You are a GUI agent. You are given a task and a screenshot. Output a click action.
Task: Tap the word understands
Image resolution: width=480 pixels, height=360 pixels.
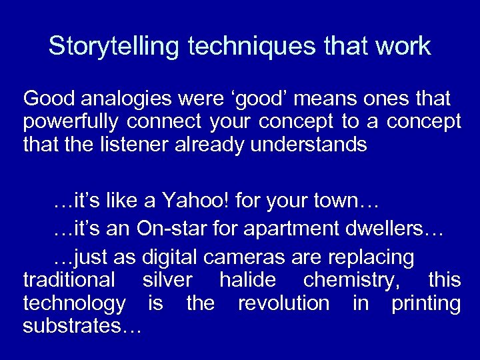(x=309, y=145)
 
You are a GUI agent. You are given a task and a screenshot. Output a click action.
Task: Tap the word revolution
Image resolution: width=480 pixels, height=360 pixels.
(x=283, y=303)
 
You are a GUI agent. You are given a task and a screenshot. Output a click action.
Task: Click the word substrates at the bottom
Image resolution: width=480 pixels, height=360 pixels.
(x=75, y=326)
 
